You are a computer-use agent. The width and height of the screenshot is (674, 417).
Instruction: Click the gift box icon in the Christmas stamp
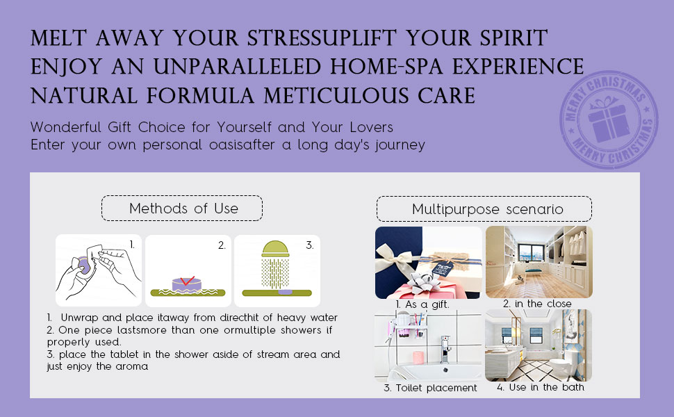[607, 120]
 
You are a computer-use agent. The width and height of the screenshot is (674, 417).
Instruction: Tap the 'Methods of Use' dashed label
[182, 208]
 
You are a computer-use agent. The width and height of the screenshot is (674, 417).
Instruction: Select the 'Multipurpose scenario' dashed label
[484, 209]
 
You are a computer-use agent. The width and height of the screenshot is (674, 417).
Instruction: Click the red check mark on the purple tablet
[187, 280]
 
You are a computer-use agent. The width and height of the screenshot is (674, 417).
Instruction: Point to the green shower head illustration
[276, 264]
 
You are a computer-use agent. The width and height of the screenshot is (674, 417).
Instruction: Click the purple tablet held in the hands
[83, 265]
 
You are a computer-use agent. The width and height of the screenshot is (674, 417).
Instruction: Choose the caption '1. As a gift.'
[422, 304]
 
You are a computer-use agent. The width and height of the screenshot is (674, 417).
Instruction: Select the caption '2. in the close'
[537, 304]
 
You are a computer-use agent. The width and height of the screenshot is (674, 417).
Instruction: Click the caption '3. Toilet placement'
[430, 388]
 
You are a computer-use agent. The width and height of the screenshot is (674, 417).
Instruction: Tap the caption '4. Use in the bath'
[541, 387]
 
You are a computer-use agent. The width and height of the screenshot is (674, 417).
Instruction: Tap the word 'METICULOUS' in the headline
[336, 95]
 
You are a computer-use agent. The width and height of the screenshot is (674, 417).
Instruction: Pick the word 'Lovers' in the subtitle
[371, 127]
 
